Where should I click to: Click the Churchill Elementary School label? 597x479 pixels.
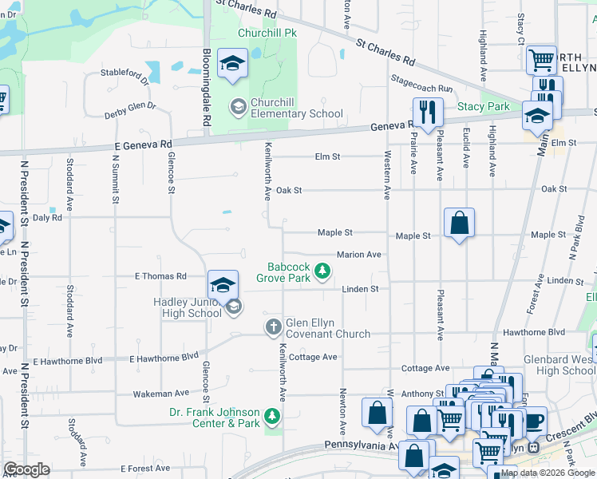[x=296, y=108]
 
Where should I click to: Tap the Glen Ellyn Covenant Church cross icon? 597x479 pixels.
[x=273, y=327]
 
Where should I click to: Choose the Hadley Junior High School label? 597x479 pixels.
[x=188, y=307]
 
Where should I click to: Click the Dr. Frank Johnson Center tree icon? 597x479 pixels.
[x=272, y=416]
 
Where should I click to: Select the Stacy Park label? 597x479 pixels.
[x=483, y=106]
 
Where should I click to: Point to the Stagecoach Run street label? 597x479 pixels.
[x=421, y=83]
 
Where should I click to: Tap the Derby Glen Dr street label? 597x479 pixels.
[x=130, y=110]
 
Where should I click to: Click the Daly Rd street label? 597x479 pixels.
[x=47, y=217]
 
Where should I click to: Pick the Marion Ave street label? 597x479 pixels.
[x=358, y=255]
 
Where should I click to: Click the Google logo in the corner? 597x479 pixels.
[x=26, y=469]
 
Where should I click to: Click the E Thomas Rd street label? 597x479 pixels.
[x=160, y=276]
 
